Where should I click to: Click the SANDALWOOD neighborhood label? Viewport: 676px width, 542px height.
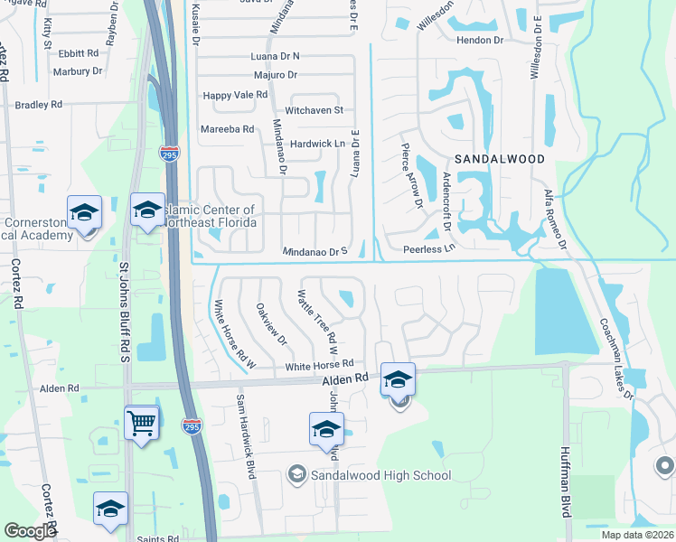pyautogui.click(x=500, y=159)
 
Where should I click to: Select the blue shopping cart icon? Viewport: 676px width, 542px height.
pyautogui.click(x=142, y=422)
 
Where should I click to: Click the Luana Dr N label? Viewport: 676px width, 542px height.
pyautogui.click(x=275, y=56)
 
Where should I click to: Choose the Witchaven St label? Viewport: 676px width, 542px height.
pyautogui.click(x=315, y=110)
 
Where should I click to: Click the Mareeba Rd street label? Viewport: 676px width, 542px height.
pyautogui.click(x=227, y=129)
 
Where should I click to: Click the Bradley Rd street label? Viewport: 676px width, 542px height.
pyautogui.click(x=39, y=105)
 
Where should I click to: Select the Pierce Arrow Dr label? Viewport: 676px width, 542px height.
pyautogui.click(x=411, y=176)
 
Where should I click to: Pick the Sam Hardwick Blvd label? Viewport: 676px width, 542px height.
pyautogui.click(x=244, y=435)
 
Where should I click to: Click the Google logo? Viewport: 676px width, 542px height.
pyautogui.click(x=30, y=531)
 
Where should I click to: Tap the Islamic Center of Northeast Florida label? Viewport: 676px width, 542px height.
pyautogui.click(x=210, y=217)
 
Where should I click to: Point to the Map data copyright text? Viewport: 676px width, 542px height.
pyautogui.click(x=636, y=535)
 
